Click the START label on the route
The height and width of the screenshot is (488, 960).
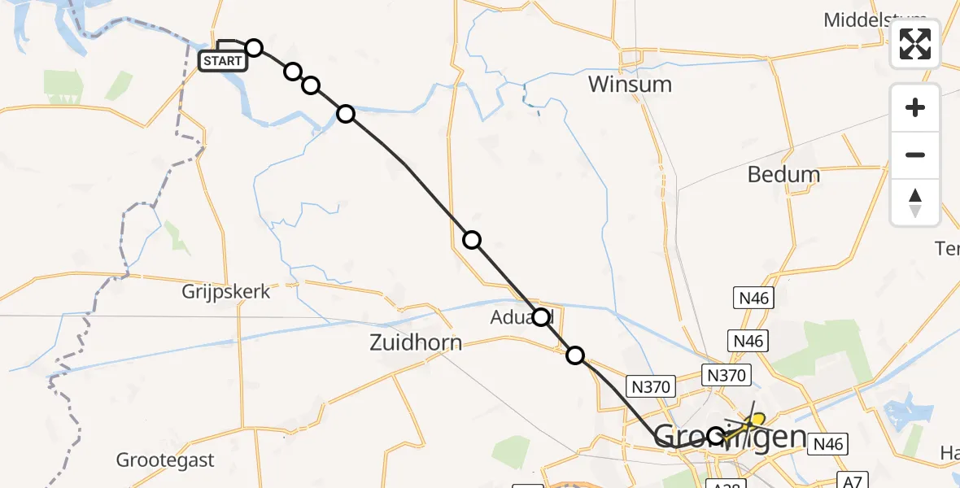(222, 61)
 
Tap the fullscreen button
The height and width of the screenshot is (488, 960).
(915, 44)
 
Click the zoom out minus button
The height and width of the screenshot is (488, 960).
(915, 155)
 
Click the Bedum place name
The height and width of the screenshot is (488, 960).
(784, 174)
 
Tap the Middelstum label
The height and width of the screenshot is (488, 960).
(875, 20)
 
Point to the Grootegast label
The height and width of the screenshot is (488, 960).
(165, 460)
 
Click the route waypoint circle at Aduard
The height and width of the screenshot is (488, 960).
(541, 316)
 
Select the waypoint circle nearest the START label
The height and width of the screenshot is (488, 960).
(254, 48)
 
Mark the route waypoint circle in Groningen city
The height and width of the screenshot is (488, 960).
(715, 436)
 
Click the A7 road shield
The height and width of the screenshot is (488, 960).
(851, 481)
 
